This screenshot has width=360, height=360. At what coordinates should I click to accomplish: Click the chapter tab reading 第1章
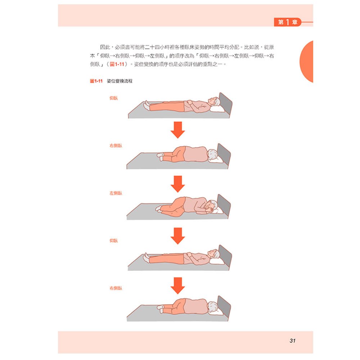288,22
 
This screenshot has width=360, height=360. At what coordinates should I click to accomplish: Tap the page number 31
292,341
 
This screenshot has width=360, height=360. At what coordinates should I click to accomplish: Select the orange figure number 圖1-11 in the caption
97,82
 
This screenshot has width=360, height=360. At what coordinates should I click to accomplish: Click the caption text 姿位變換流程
120,82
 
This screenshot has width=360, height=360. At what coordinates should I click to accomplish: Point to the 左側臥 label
116,193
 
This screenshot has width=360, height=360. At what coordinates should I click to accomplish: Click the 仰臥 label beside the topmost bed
113,98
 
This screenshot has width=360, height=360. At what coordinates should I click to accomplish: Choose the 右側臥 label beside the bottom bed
116,288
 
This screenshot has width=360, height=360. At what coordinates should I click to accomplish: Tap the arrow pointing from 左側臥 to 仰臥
177,236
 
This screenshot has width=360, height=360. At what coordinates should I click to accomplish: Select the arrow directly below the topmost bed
177,130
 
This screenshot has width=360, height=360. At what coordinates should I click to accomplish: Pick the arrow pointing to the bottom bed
177,285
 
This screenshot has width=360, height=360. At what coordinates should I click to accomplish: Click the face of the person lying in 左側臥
209,206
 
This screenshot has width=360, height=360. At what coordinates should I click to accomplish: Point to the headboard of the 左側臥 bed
224,203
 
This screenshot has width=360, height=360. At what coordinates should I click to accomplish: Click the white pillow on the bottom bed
216,311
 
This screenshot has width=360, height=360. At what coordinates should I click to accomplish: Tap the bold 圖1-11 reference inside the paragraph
118,64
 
